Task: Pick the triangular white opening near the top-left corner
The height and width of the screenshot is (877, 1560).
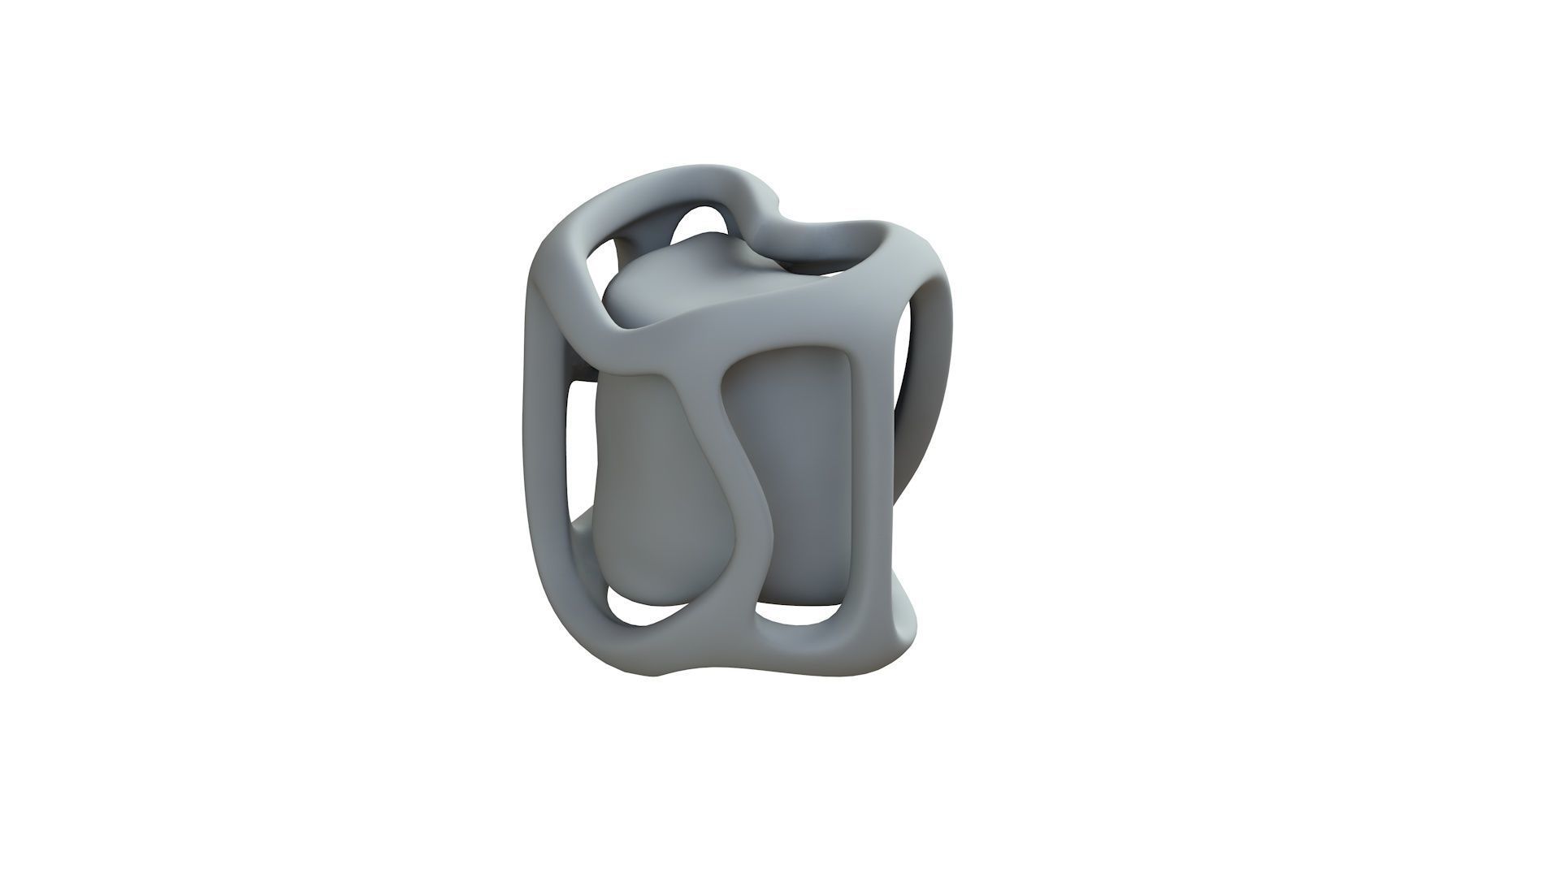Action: click(x=601, y=268)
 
